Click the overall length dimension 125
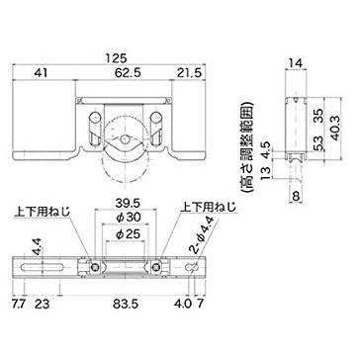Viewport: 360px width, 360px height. click(116, 58)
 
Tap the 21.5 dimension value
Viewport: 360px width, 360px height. click(189, 73)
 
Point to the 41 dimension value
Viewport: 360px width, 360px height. click(41, 73)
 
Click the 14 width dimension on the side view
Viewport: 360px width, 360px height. click(296, 61)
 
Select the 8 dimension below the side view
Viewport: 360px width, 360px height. click(296, 197)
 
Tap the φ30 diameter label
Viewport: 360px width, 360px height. click(124, 218)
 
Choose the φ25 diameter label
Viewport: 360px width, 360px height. click(124, 234)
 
